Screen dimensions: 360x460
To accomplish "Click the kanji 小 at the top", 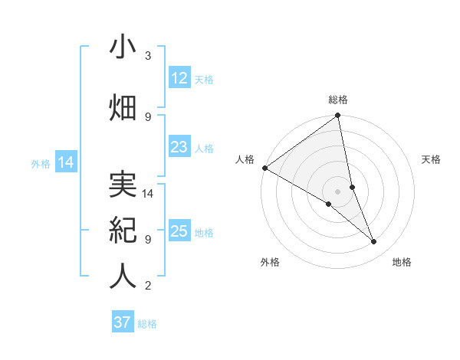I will [123, 47].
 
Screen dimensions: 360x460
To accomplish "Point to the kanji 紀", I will [123, 230].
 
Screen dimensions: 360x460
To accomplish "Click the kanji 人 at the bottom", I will [123, 276].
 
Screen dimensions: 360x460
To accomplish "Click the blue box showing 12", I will [179, 78].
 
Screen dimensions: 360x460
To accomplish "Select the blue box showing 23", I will [179, 147].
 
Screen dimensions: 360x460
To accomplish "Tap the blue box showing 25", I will [179, 231].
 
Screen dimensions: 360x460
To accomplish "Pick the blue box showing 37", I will [123, 322].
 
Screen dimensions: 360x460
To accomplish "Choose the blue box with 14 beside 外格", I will [65, 162].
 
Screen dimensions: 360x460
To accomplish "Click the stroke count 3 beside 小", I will [148, 56].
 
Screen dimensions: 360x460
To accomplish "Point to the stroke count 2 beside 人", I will [148, 286].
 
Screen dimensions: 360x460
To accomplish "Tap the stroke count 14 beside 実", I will [149, 194].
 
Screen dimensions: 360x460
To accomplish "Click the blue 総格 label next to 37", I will [148, 324].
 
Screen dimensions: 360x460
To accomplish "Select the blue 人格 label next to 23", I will [204, 148].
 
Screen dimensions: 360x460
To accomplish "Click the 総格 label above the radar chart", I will [338, 100].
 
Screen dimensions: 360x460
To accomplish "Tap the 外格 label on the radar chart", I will [270, 262].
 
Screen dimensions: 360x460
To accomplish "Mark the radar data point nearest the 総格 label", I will [337, 116].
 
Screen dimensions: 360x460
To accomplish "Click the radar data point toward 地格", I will [374, 242].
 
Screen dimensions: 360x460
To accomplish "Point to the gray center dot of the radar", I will [337, 191].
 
